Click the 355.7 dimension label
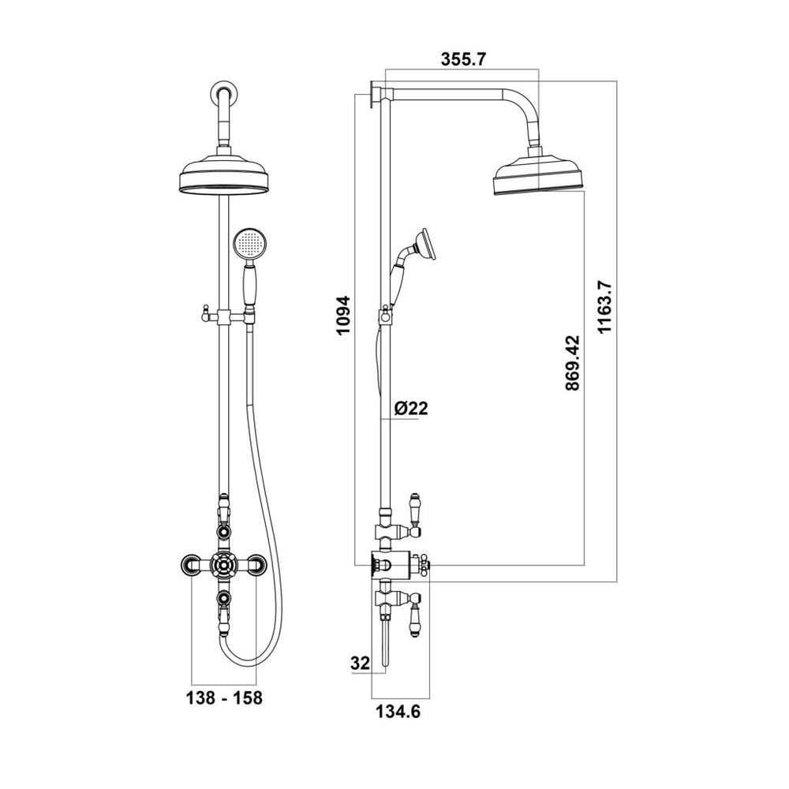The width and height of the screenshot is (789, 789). (463, 59)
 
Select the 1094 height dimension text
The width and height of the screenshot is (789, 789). (343, 316)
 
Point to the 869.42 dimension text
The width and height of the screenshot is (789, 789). (572, 363)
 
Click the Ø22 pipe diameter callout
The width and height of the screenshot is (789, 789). (411, 408)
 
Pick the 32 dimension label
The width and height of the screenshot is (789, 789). (361, 663)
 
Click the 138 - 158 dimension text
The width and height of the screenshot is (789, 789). (224, 698)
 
